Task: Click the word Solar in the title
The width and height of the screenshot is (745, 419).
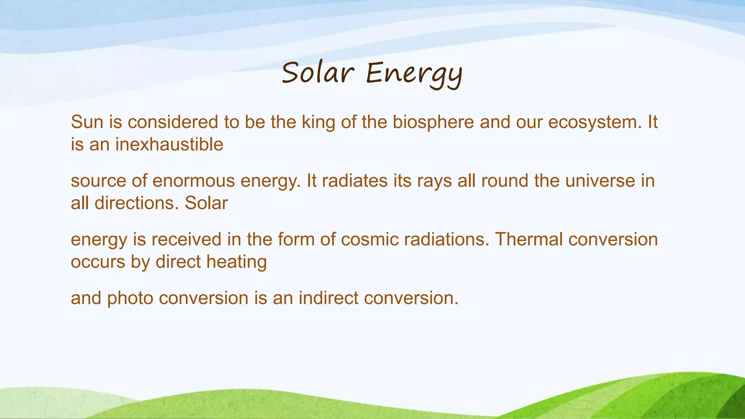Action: [317, 73]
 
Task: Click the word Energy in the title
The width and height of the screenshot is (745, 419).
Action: [414, 74]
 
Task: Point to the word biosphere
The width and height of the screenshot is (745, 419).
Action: [433, 123]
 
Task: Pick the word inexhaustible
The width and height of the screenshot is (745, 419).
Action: [169, 144]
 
